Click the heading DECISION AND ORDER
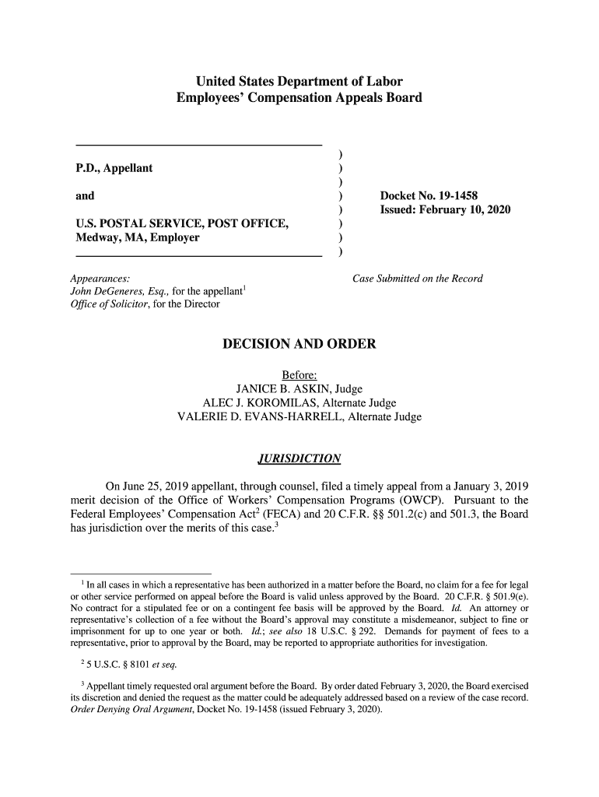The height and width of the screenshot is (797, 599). pyautogui.click(x=299, y=344)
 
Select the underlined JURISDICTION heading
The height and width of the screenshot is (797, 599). pyautogui.click(x=299, y=457)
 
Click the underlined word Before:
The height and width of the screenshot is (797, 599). pyautogui.click(x=299, y=374)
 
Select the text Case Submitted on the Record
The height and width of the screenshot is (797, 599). pyautogui.click(x=418, y=279)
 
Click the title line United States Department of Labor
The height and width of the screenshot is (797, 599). pyautogui.click(x=299, y=82)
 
